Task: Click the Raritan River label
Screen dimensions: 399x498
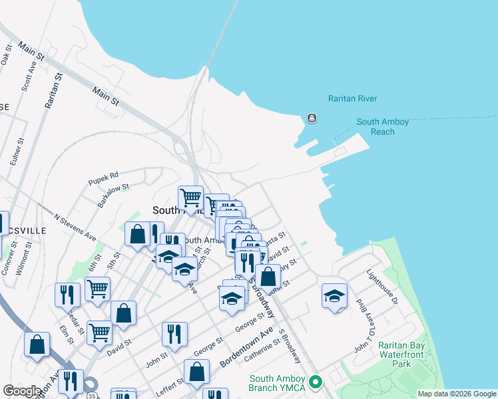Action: point(352,99)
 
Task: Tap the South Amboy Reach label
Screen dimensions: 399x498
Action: point(382,127)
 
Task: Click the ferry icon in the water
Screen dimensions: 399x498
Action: point(312,118)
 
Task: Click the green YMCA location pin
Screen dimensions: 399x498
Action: point(316,382)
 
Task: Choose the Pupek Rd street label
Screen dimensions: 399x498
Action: point(103,178)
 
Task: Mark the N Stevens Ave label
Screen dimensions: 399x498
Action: point(75,228)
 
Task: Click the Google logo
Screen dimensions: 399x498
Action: point(21,391)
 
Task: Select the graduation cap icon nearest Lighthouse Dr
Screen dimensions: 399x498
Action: point(334,297)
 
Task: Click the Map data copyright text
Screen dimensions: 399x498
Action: point(456,394)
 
